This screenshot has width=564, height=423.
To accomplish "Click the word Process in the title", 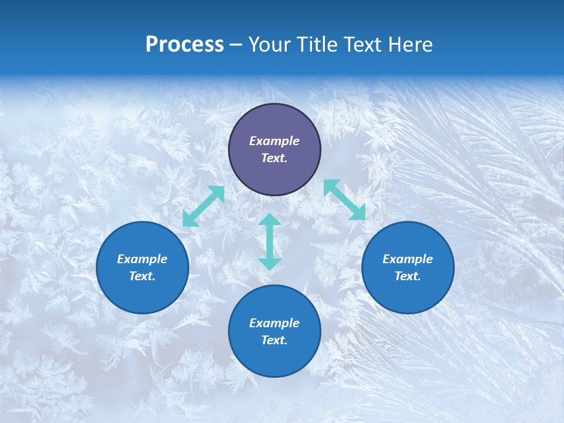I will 184,45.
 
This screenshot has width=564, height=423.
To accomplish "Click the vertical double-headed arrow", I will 270,241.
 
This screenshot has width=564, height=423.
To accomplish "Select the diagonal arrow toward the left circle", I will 204,206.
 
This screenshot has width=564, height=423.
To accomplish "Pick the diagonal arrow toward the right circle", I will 344,200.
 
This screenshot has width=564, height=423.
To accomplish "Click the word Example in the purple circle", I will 274,141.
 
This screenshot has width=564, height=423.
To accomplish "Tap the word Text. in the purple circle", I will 274,158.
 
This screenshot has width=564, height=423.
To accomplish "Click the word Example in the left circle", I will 142,259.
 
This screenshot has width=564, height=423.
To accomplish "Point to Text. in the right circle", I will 408,276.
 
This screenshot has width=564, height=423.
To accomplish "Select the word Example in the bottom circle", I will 274,323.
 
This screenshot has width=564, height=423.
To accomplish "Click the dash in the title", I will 236,45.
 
